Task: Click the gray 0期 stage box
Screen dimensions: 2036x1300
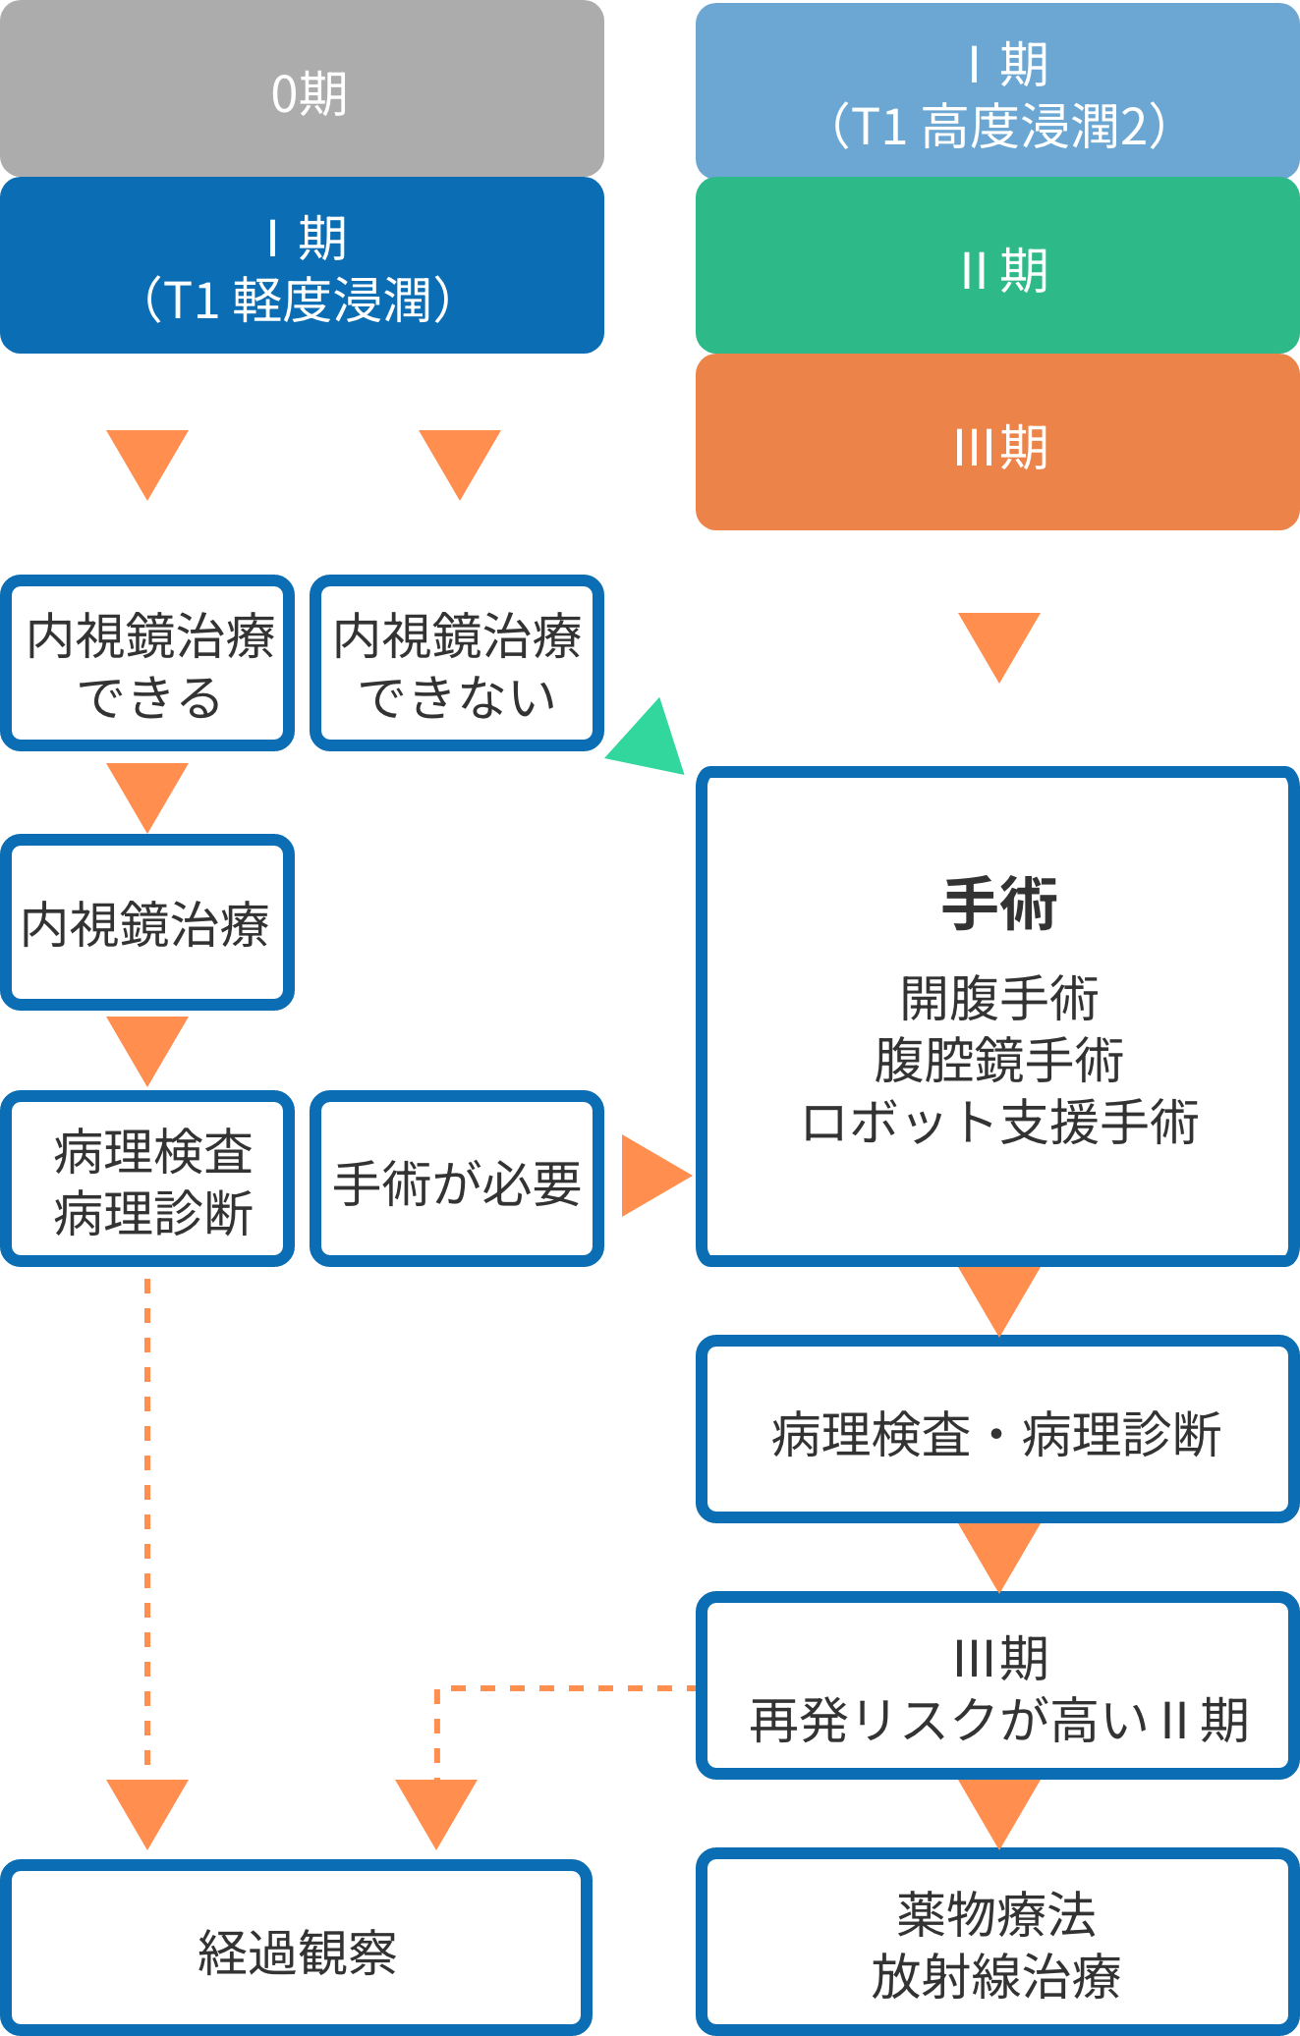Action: [x=302, y=91]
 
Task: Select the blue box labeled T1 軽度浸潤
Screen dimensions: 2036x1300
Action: [x=302, y=267]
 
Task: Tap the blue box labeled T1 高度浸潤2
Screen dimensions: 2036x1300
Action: [x=997, y=93]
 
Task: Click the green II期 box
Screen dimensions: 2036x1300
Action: [x=997, y=267]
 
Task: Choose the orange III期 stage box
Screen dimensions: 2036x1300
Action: [x=997, y=444]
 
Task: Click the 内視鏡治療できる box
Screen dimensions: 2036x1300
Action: [x=147, y=664]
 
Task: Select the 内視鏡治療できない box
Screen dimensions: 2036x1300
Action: [x=457, y=664]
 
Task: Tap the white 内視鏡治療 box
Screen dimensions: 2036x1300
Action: [x=147, y=923]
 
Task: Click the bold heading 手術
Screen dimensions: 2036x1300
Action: [x=999, y=904]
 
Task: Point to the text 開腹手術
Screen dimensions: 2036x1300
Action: [x=999, y=999]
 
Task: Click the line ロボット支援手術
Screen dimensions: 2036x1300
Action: [x=999, y=1122]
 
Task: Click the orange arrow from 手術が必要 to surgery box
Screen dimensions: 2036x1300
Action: [x=653, y=1176]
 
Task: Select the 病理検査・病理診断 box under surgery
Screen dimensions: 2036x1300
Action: [x=997, y=1432]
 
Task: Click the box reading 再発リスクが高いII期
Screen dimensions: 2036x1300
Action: [x=997, y=1687]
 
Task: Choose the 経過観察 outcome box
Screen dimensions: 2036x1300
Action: [x=296, y=1950]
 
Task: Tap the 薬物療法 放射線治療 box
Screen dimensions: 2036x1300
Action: [x=997, y=1945]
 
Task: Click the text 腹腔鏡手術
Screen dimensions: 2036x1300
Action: [x=999, y=1061]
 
